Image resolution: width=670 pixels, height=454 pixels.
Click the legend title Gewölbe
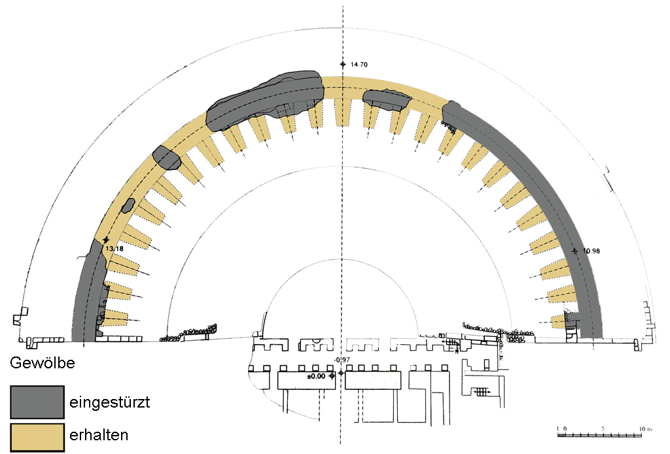[43, 363]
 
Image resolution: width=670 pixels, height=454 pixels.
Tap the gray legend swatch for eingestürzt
[37, 402]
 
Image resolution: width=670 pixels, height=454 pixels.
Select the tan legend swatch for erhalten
[37, 436]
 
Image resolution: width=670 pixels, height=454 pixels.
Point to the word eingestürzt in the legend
[109, 402]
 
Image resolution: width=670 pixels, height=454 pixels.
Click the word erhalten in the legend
[99, 435]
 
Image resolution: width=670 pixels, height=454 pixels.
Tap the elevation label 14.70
[359, 65]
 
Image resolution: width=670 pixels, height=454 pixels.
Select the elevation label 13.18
[115, 249]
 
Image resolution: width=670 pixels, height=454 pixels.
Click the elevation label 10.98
[591, 251]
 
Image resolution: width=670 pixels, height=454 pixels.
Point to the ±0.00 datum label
[316, 376]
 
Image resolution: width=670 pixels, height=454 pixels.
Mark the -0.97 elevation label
[342, 360]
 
